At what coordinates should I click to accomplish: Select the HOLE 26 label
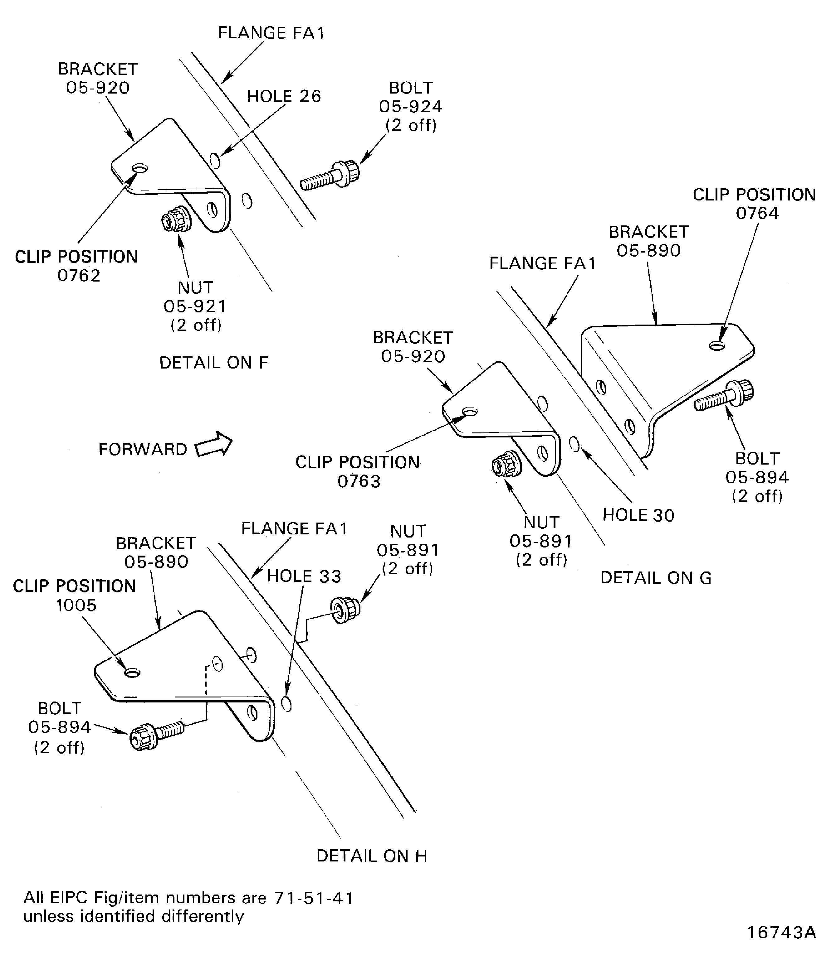tap(284, 96)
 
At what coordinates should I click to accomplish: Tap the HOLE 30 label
tap(638, 515)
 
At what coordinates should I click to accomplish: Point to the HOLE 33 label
tap(304, 576)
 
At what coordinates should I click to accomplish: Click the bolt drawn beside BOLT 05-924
tap(330, 176)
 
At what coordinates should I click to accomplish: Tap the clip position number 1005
tap(76, 605)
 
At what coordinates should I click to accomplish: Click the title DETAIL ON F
tap(214, 363)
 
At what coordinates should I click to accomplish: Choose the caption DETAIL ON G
tap(656, 578)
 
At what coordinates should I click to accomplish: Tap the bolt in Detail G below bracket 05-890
tap(724, 395)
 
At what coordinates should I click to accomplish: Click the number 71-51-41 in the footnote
tap(314, 898)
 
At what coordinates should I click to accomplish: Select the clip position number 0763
tap(359, 481)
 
